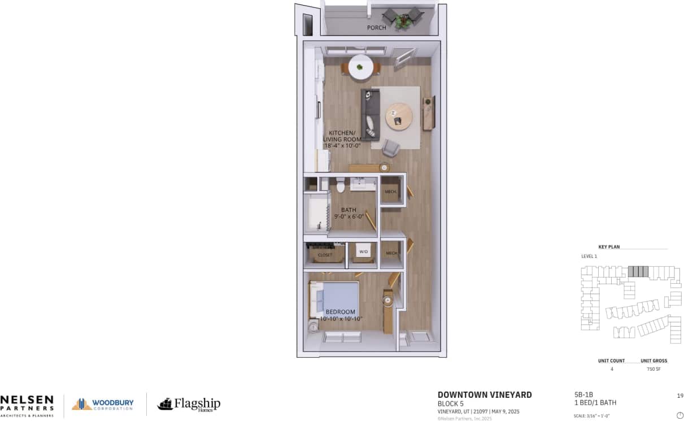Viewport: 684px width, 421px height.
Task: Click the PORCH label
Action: tap(377, 28)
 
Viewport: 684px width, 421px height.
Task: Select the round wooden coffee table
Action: tap(399, 116)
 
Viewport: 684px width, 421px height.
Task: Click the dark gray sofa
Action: tap(369, 115)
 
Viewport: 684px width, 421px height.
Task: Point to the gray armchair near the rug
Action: tap(390, 148)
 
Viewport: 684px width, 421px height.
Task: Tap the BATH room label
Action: tap(348, 210)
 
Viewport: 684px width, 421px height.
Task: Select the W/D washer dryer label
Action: tap(364, 251)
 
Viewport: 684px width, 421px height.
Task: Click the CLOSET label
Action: tap(325, 255)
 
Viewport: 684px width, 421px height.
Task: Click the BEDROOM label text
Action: tap(341, 312)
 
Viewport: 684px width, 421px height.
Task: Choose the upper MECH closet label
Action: tap(391, 192)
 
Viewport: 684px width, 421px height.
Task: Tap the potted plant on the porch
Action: tap(403, 20)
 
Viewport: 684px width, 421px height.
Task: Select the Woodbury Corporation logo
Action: tap(103, 404)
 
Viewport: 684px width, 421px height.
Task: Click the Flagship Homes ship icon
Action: tap(164, 404)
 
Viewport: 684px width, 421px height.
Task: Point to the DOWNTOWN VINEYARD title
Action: tap(485, 395)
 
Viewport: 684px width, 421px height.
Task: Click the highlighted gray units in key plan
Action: tap(638, 271)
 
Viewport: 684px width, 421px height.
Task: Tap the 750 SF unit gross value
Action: tap(653, 369)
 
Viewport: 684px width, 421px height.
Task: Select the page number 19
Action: tap(680, 396)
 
